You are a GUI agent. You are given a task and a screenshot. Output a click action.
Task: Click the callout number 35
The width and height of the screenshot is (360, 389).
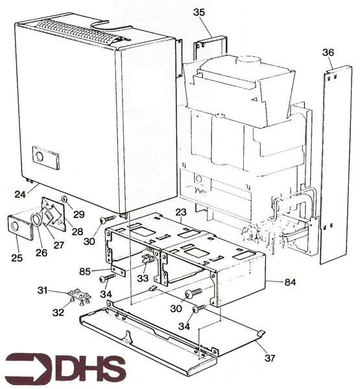[199, 12]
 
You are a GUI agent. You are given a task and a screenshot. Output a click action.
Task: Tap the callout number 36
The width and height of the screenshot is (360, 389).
[328, 53]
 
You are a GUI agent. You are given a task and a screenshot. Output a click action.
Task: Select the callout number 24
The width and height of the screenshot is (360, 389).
[20, 194]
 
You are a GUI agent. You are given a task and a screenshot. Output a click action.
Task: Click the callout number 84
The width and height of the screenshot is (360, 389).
[290, 282]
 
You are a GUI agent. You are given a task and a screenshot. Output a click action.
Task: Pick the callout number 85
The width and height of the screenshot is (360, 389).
[85, 272]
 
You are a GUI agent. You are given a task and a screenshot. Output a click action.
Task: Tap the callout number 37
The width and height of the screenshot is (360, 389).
[270, 358]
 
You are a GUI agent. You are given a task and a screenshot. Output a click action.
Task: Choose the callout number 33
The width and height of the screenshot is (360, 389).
[143, 278]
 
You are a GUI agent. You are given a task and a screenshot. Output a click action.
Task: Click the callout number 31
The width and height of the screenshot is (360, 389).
[42, 290]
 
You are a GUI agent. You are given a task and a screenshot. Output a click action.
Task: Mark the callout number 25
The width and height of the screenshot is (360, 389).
[17, 258]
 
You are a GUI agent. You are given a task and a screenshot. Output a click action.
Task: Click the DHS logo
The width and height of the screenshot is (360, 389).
[66, 368]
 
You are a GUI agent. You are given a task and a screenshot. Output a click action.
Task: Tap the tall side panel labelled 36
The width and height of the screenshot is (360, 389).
[335, 165]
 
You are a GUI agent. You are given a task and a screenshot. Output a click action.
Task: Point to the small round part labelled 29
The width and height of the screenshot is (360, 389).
[64, 199]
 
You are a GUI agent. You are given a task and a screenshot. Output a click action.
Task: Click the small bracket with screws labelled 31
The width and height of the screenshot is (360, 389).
[80, 296]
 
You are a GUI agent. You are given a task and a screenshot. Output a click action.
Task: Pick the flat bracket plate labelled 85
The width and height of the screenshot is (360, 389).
[117, 270]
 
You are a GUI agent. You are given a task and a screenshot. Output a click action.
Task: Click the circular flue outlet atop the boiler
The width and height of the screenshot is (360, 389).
[248, 60]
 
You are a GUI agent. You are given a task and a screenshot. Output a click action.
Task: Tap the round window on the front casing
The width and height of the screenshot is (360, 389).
[40, 156]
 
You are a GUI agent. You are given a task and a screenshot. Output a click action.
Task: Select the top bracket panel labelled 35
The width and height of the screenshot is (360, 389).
[210, 48]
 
